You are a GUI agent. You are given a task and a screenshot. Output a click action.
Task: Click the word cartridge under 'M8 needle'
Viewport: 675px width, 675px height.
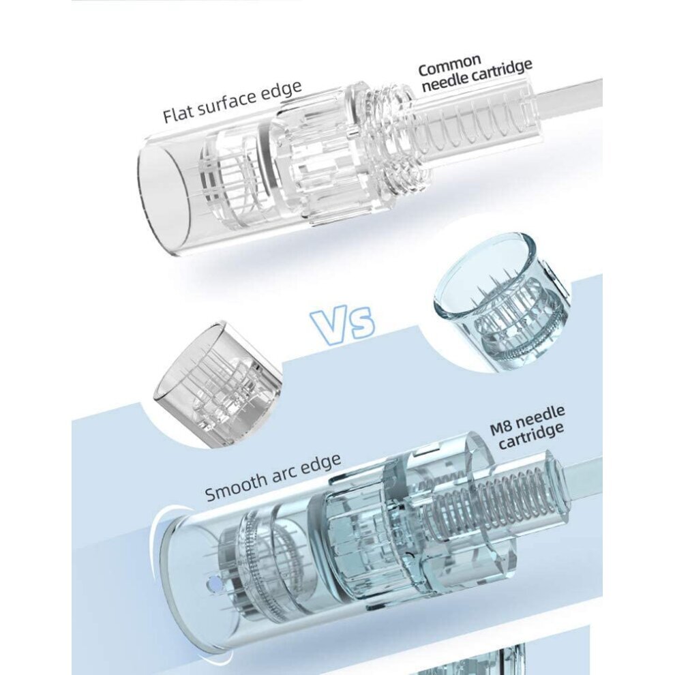(530, 436)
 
